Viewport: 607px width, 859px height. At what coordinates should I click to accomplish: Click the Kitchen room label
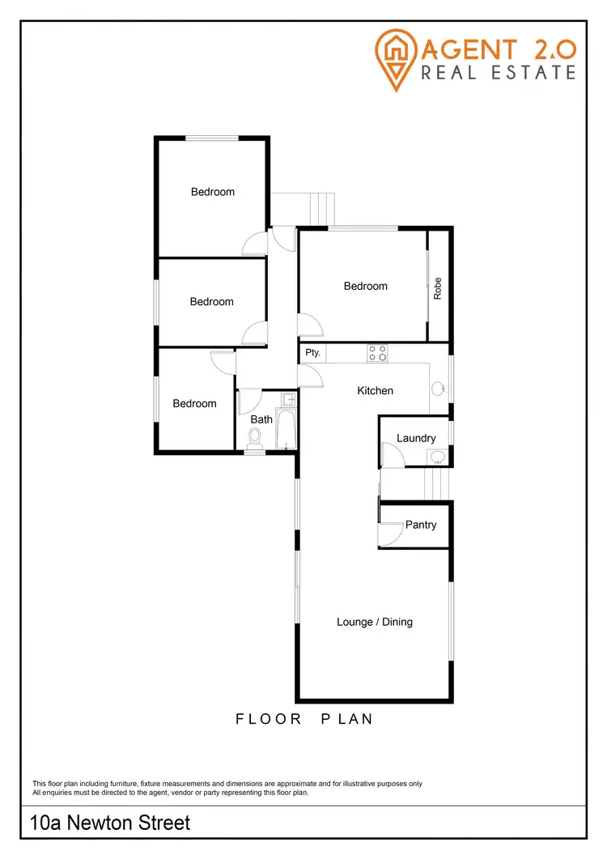[376, 391]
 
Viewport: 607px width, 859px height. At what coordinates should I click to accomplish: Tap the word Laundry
[416, 438]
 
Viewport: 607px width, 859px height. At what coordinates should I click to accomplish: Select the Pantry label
[421, 525]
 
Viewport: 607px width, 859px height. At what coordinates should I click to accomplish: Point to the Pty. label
[313, 353]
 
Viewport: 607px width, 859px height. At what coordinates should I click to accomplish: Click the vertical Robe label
[438, 289]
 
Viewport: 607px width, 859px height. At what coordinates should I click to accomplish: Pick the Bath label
[261, 419]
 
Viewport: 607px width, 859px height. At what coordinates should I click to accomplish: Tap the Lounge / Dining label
[375, 622]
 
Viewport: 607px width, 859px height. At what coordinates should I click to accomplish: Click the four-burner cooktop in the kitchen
[377, 353]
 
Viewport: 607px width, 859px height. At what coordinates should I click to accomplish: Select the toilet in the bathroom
[256, 438]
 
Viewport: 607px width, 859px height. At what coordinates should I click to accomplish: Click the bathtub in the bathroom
[287, 429]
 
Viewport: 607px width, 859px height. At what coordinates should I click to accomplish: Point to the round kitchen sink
[439, 389]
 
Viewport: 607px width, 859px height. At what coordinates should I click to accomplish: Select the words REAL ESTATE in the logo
[498, 73]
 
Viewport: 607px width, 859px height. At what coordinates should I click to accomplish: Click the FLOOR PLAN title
[304, 718]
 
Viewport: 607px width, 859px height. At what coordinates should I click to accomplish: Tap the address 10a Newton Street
[110, 823]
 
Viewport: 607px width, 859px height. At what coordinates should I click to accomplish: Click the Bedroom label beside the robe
[366, 286]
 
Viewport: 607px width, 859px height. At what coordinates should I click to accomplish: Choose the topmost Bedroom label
[213, 192]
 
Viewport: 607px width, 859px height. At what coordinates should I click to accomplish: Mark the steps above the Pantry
[435, 485]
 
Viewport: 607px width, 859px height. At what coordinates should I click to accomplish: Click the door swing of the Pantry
[391, 534]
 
